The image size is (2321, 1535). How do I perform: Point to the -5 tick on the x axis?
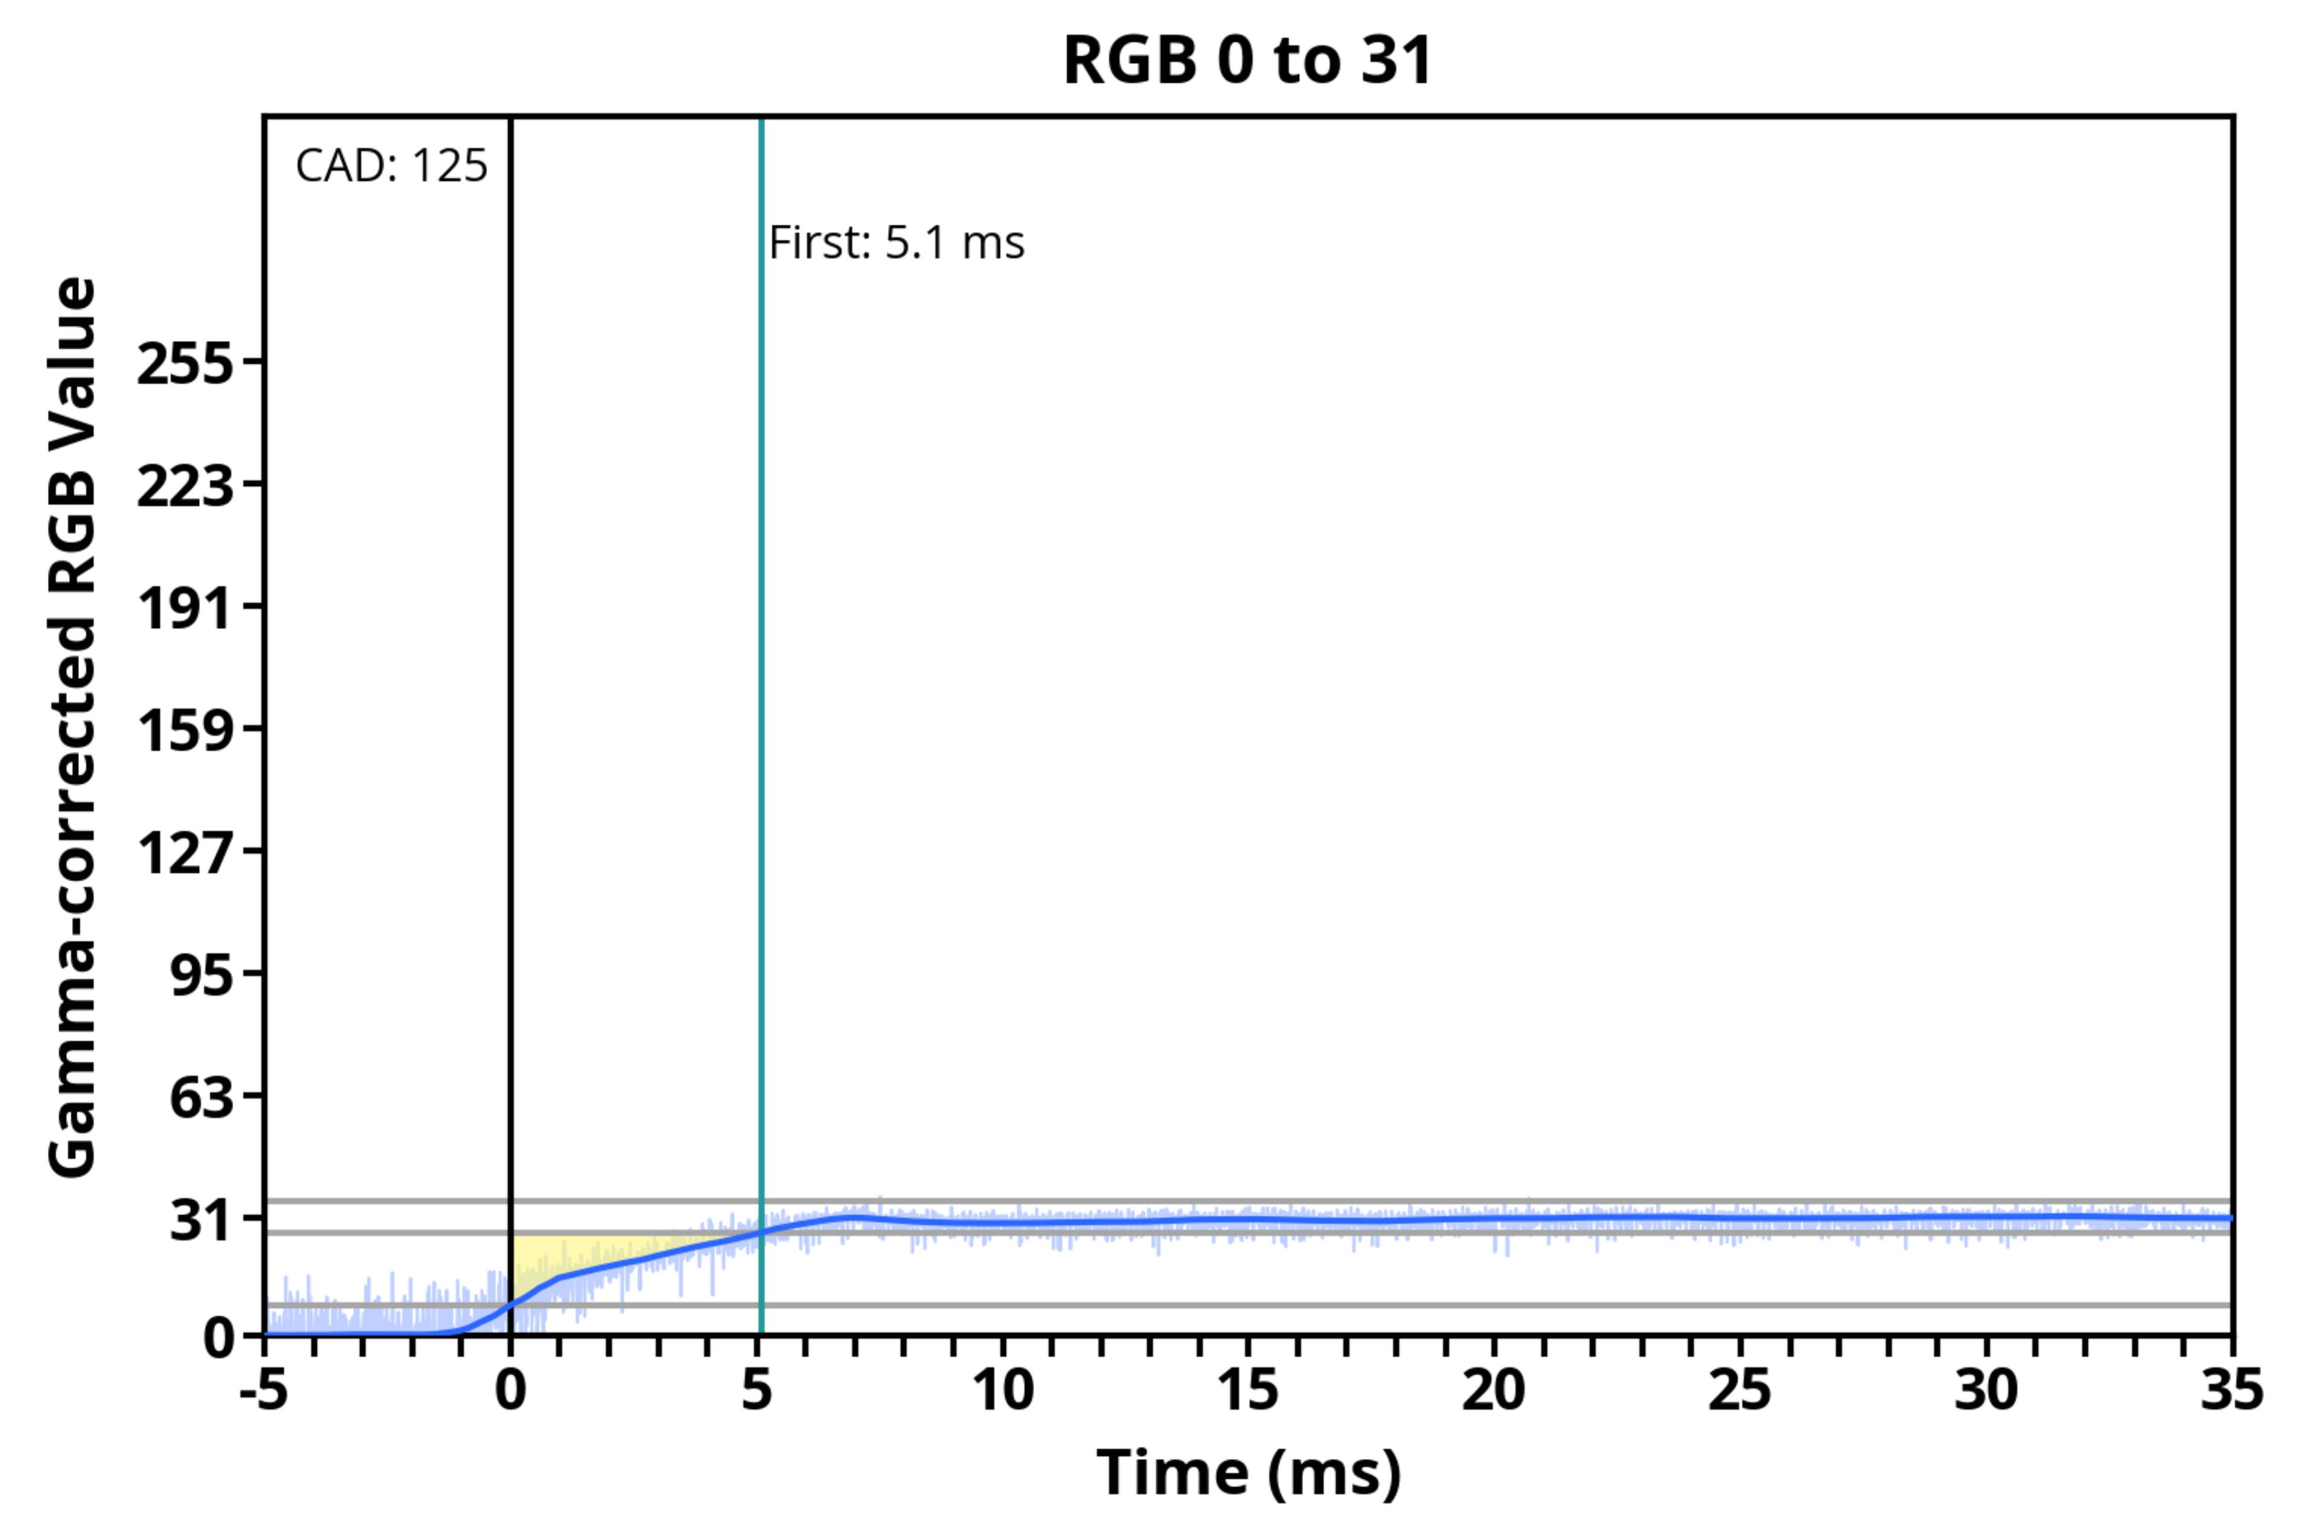264,1390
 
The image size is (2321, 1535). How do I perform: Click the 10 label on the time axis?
1002,1390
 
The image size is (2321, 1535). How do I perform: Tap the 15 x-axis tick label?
1248,1390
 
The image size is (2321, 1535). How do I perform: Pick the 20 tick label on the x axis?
1494,1390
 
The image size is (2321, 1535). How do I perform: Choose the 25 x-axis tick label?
1740,1390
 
